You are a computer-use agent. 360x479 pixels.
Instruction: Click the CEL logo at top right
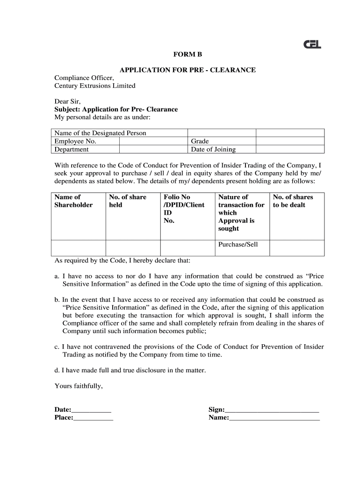[x=312, y=44]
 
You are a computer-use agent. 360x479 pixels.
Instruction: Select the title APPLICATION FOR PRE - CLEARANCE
[x=187, y=70]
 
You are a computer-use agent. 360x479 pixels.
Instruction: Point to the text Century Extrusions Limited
[x=95, y=86]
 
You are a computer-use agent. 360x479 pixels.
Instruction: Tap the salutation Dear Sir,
[x=68, y=101]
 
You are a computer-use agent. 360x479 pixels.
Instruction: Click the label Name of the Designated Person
[x=101, y=133]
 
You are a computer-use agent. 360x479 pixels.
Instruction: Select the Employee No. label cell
[x=75, y=141]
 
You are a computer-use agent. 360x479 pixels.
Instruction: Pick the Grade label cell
[x=200, y=141]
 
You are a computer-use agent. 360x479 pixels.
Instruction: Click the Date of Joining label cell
[x=213, y=150]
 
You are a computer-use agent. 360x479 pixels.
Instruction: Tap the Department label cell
[x=72, y=150]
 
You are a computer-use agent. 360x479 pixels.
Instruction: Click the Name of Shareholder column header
[x=73, y=201]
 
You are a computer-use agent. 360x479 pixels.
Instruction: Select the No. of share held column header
[x=128, y=201]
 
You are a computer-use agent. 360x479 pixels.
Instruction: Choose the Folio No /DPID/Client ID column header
[x=184, y=209]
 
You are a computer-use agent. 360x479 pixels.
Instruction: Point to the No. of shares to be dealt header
[x=293, y=201]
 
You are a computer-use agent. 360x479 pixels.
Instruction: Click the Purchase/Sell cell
[x=238, y=245]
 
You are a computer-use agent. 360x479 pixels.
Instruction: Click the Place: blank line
[x=94, y=418]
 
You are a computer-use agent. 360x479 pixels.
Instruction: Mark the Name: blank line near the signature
[x=274, y=418]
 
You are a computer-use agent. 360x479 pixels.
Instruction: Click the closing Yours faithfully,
[x=79, y=386]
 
